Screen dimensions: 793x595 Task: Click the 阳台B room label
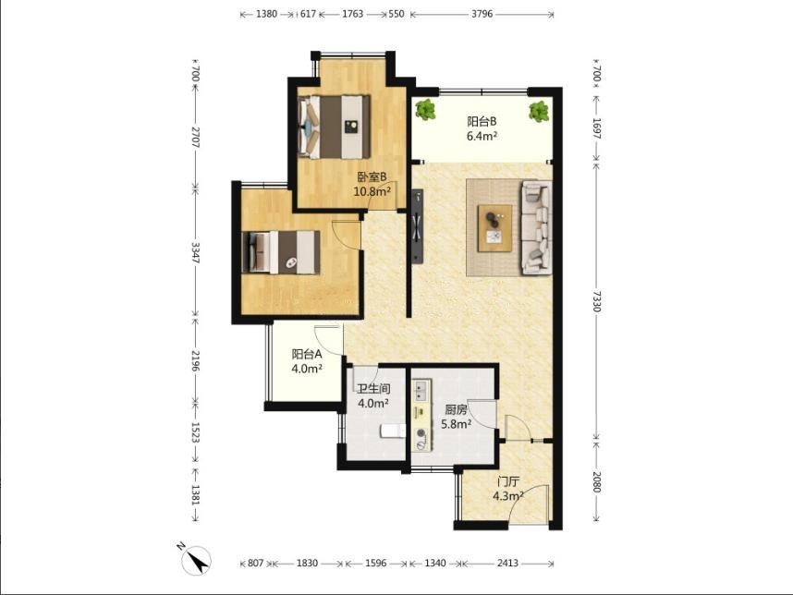(x=482, y=121)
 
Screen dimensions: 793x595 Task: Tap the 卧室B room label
(x=372, y=177)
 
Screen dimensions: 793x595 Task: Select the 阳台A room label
(x=307, y=355)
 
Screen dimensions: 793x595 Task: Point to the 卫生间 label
(x=373, y=389)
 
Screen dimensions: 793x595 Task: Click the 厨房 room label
(x=456, y=409)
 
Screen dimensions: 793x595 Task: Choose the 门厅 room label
(x=507, y=481)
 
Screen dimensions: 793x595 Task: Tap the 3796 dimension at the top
(x=482, y=14)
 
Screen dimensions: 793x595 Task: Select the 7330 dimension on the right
(x=597, y=301)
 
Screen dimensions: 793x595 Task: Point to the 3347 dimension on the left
(x=196, y=253)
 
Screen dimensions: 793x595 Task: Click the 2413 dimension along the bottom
(x=507, y=563)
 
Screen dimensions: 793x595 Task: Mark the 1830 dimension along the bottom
(x=307, y=563)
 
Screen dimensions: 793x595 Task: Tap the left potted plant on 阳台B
(x=426, y=110)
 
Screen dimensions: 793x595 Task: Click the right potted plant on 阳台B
(x=539, y=111)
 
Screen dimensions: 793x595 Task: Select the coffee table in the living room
(x=495, y=228)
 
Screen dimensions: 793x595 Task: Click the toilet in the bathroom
(x=393, y=431)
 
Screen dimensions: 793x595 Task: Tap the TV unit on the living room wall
(x=418, y=226)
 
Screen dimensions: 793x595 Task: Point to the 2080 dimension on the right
(x=597, y=482)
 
